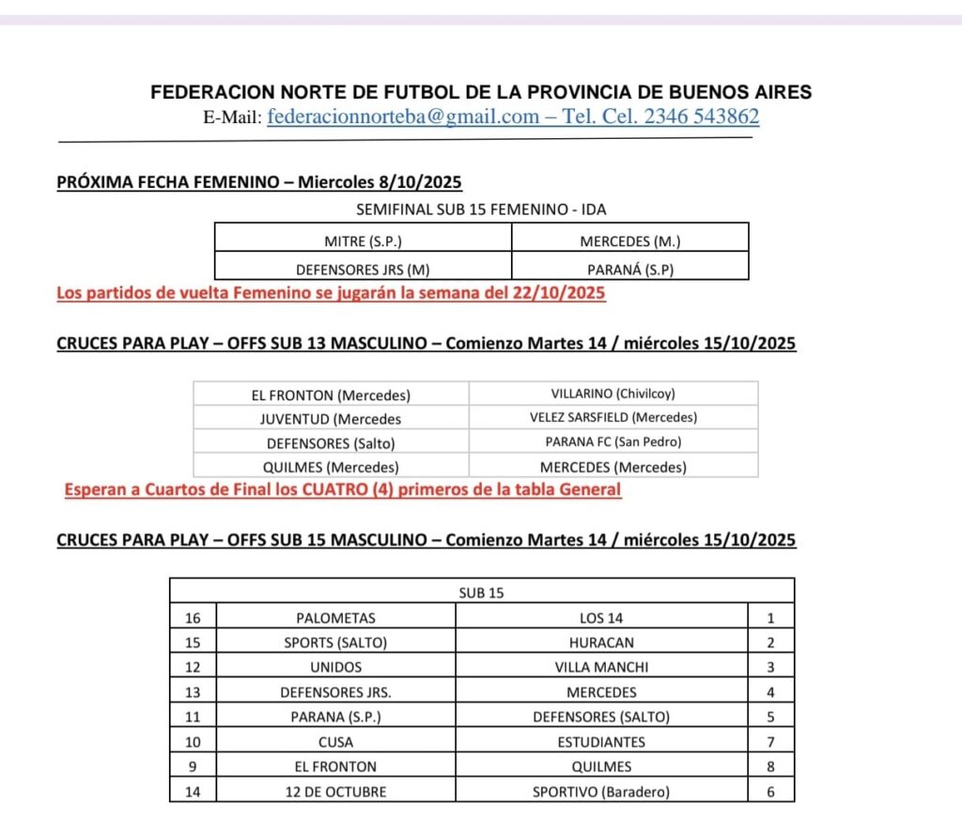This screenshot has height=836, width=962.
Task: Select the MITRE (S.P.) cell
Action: click(x=363, y=240)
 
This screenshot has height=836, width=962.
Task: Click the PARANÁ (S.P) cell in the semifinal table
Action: click(x=630, y=270)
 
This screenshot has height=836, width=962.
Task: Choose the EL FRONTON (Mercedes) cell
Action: click(x=331, y=395)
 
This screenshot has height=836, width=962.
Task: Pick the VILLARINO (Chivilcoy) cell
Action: click(x=613, y=395)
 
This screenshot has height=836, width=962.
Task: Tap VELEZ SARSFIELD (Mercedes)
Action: click(x=613, y=418)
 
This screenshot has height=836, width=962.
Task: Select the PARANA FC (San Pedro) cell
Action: click(x=613, y=441)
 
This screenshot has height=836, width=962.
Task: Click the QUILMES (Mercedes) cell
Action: click(x=331, y=467)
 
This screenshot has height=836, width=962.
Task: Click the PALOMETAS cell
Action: click(x=335, y=618)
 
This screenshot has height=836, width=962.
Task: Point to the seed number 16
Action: click(x=193, y=618)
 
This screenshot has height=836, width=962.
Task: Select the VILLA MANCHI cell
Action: click(x=601, y=668)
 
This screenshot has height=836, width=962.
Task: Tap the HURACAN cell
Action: click(x=601, y=643)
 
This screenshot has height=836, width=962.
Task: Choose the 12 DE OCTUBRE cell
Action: click(x=335, y=792)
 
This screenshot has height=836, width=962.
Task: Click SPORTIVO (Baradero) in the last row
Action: click(x=601, y=792)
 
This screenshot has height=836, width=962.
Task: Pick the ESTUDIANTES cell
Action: click(x=601, y=742)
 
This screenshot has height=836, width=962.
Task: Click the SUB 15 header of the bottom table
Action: click(x=481, y=593)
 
